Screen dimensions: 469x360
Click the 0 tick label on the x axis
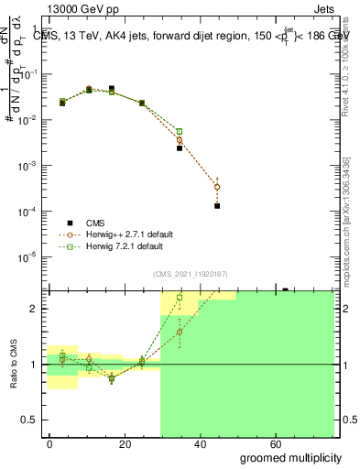tap(50, 442)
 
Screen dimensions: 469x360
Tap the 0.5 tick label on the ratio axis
tap(29, 420)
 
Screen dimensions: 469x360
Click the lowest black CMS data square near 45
tap(217, 206)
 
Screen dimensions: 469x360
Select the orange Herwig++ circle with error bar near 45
tap(217, 187)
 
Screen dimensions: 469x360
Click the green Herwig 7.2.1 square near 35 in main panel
tap(180, 132)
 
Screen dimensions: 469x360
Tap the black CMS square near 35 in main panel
tap(180, 147)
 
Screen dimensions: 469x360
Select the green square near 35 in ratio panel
tap(180, 298)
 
